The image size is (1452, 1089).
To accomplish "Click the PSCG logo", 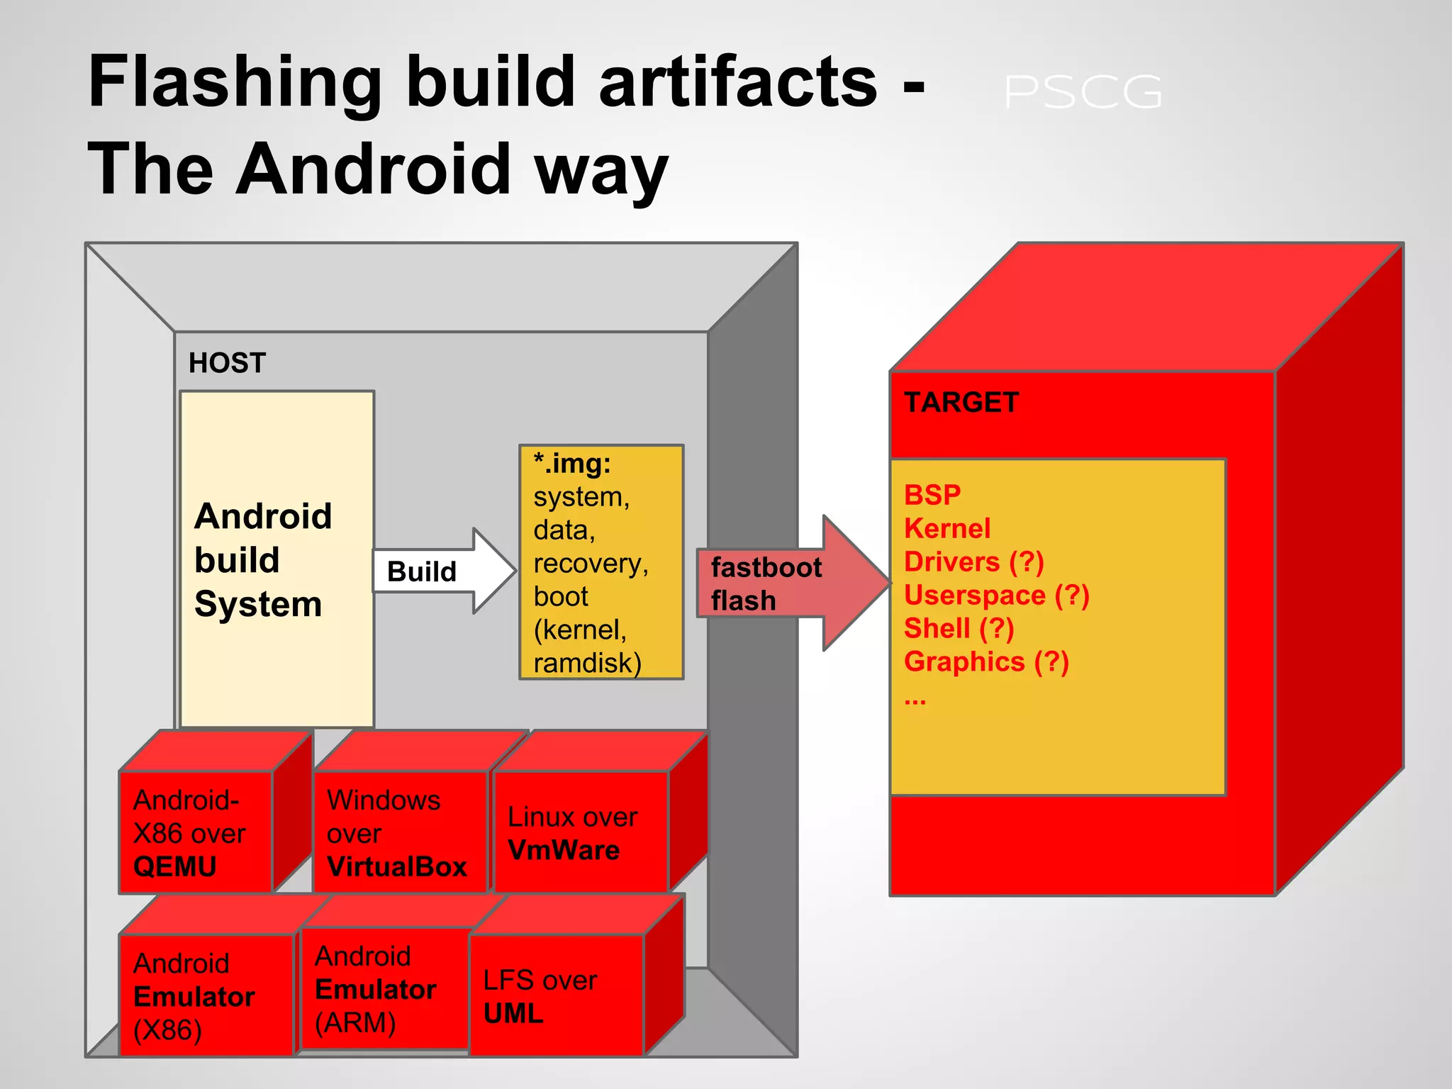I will tap(1083, 92).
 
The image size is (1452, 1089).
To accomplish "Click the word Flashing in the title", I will tap(234, 84).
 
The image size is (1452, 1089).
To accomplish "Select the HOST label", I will tap(227, 363).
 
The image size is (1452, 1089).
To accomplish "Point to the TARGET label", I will tap(961, 403).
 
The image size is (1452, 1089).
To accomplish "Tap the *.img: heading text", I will tap(572, 464).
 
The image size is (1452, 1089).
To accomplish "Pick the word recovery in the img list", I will tap(591, 564).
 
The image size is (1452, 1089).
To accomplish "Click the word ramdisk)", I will tap(587, 664).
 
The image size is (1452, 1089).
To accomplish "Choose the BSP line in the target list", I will tap(932, 495).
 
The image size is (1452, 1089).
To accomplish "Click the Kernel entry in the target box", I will tap(947, 528).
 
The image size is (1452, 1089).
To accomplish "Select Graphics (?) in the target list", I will tap(986, 662).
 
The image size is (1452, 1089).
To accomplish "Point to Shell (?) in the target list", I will tap(959, 629).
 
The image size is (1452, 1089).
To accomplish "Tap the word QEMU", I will tap(174, 866).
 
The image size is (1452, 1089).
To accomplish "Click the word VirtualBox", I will tap(397, 866).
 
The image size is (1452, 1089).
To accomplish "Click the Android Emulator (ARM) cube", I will tap(383, 989).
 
